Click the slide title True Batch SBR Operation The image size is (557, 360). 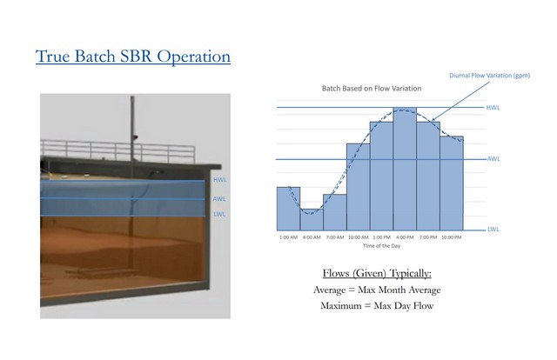tap(133, 57)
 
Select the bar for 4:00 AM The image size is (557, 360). tap(312, 219)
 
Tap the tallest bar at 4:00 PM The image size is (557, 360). tap(405, 169)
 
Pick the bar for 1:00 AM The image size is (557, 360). tap(288, 209)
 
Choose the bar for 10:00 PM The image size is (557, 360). tap(452, 183)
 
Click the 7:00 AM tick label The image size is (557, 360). tap(335, 237)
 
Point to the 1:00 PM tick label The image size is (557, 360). tap(382, 237)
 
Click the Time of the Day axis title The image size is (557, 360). tap(381, 246)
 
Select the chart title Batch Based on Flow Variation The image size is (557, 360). tap(372, 89)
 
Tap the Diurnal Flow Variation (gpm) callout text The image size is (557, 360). tap(489, 76)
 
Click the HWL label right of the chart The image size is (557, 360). tap(493, 108)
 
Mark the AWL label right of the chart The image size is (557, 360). tap(493, 159)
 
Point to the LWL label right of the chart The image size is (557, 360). tap(493, 230)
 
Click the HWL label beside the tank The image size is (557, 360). tap(220, 180)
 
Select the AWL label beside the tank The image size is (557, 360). tap(219, 199)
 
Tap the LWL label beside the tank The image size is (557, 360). tap(219, 214)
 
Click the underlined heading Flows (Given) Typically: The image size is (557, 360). tap(377, 273)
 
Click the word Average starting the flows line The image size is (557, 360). tap(329, 290)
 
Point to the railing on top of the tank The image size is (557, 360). tap(117, 151)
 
